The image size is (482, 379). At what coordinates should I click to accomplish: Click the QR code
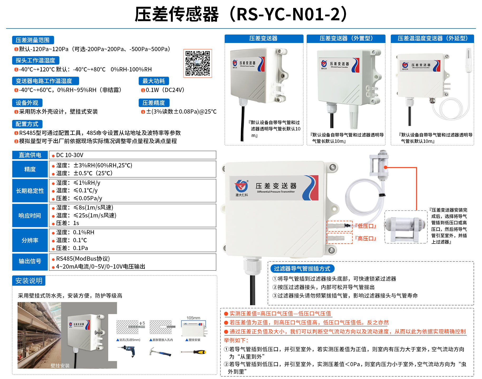(x=197, y=63)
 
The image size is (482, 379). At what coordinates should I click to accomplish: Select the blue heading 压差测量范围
(x=33, y=40)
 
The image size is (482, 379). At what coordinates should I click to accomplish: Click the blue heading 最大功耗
(x=153, y=81)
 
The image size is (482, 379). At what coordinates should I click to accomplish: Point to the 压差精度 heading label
(x=154, y=103)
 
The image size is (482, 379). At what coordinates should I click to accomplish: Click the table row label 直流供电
(x=30, y=155)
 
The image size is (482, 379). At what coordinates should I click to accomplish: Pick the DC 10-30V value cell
(x=132, y=155)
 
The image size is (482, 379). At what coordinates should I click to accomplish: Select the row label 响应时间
(x=30, y=216)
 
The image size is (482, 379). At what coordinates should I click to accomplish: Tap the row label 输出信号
(x=30, y=261)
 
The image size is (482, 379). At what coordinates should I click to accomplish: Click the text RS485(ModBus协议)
(x=83, y=259)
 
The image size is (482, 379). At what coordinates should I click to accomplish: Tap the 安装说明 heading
(x=29, y=281)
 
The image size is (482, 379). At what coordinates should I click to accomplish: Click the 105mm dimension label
(x=193, y=318)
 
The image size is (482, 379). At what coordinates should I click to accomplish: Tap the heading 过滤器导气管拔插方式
(x=302, y=269)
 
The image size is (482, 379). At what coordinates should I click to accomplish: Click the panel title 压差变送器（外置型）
(x=346, y=38)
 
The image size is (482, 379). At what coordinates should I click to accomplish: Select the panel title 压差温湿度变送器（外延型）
(x=432, y=38)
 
